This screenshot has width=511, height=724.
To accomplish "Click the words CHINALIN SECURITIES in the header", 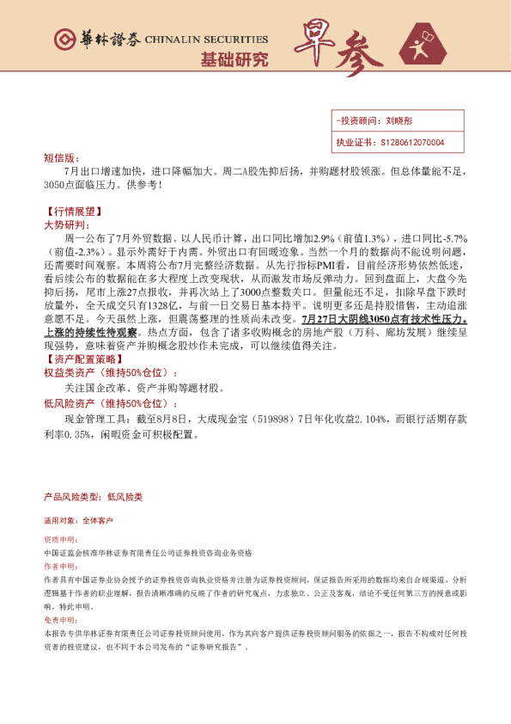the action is pos(206,40).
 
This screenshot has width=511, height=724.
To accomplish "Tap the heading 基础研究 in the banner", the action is pos(234,59).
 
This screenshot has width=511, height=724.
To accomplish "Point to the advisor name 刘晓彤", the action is pos(400,121).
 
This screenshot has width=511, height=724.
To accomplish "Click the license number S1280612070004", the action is pos(411,142).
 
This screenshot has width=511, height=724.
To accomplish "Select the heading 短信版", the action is pos(58,158).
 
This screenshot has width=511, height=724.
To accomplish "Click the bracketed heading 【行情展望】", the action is pos(72,211).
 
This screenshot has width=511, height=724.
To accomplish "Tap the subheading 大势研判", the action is pos(64,224).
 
